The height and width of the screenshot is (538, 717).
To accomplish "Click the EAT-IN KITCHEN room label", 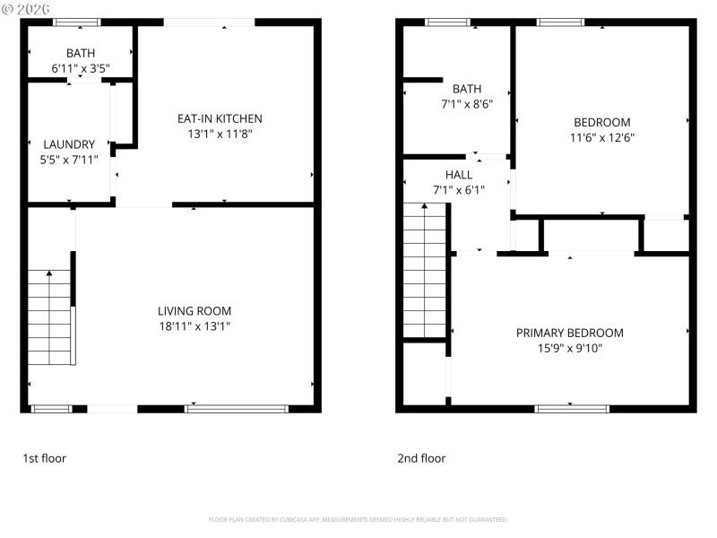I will tap(220, 118).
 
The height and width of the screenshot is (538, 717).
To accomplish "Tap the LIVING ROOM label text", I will tap(194, 311).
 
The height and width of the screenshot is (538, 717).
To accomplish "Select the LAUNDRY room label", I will tap(69, 144).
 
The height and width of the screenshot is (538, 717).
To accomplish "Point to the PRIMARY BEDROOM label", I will tap(569, 333).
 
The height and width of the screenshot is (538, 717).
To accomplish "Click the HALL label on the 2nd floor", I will tap(458, 174).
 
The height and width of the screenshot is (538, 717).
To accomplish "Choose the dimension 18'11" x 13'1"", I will tap(194, 326).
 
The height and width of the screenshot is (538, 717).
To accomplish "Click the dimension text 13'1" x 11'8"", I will tap(220, 134).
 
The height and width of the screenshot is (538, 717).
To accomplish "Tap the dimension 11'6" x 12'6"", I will tap(601, 138).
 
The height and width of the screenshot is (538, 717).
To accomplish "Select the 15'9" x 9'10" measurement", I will tap(569, 348).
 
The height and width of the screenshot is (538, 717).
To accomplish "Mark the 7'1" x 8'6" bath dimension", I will tap(467, 103).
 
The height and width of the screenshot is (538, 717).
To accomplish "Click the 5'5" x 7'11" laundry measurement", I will tap(69, 160).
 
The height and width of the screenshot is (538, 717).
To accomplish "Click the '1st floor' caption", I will tap(45, 458).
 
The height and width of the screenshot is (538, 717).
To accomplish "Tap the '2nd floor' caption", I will tap(421, 458).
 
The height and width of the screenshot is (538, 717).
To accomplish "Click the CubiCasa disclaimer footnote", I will tap(358, 519).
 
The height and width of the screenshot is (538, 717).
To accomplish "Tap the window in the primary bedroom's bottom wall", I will tap(572, 409).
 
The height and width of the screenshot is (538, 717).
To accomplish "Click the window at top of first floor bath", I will tap(76, 22).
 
